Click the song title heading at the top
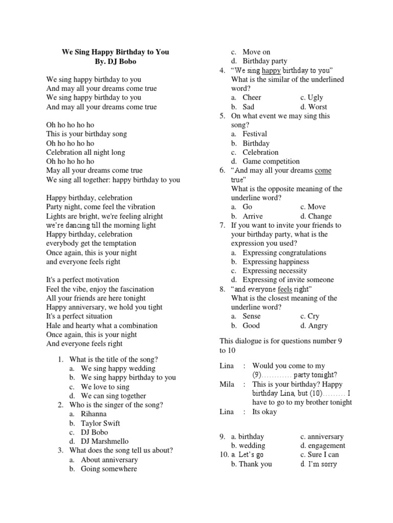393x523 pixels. [x=115, y=52]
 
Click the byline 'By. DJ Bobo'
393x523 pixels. [x=115, y=61]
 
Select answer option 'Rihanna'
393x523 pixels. [x=94, y=414]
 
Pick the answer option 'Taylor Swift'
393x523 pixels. [x=100, y=423]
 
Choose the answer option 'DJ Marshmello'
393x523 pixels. [x=105, y=441]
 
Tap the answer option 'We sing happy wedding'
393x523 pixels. [x=118, y=368]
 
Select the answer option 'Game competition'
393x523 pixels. [x=271, y=161]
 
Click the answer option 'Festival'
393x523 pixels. [x=255, y=134]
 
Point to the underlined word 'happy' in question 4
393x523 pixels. [x=271, y=70]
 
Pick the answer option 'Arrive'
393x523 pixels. [x=253, y=216]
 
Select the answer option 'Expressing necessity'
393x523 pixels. [x=275, y=271]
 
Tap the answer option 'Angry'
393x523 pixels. [x=318, y=325]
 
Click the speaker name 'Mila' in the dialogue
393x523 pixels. [x=227, y=384]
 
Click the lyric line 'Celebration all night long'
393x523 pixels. [x=85, y=152]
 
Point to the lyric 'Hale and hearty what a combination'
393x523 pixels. [x=102, y=325]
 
